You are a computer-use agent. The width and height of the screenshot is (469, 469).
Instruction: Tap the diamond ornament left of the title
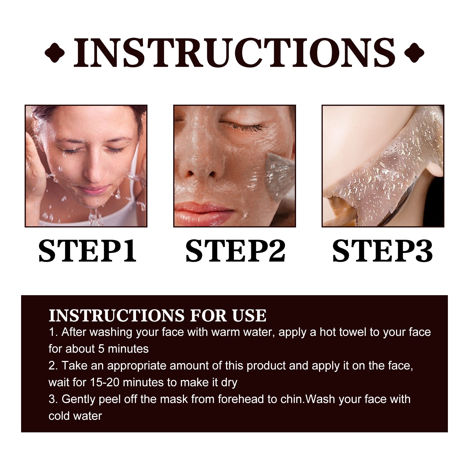(x=55, y=53)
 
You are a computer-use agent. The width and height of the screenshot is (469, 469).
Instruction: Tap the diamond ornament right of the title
(x=414, y=53)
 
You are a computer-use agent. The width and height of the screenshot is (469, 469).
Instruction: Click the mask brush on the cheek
(x=277, y=173)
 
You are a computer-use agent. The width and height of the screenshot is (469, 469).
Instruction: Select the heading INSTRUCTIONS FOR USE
(x=157, y=316)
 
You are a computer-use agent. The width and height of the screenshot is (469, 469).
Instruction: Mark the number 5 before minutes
(x=101, y=349)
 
